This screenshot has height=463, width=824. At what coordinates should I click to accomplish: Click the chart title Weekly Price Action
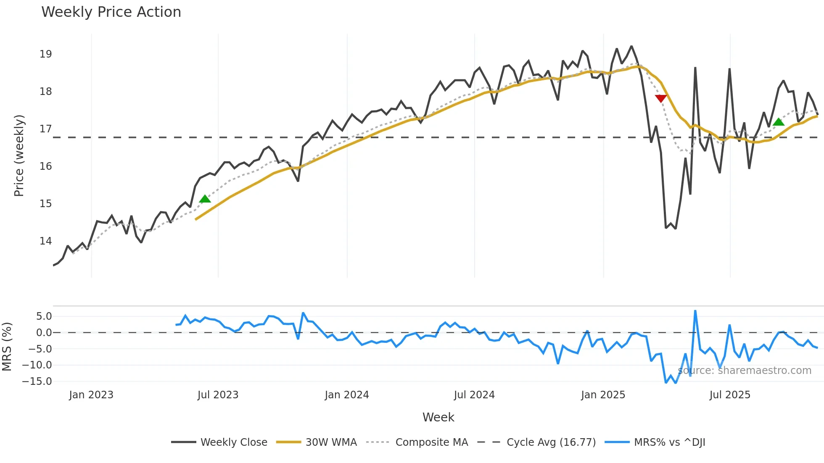pos(111,12)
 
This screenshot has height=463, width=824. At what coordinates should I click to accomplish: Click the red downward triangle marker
pos(661,98)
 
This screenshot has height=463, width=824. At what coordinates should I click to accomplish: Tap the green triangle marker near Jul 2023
pos(205,199)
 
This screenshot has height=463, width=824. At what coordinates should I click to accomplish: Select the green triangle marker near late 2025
pos(779,122)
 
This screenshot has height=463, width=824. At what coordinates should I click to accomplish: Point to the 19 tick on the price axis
pos(45,54)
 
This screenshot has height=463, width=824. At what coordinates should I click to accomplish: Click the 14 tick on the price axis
pos(45,241)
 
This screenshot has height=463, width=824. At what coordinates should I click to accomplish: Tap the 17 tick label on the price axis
pos(45,129)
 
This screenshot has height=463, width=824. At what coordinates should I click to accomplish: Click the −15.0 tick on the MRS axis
pos(37,381)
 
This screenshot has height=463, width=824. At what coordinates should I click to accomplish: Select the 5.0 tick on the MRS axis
pos(44,316)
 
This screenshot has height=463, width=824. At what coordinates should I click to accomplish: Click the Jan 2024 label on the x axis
pos(347,395)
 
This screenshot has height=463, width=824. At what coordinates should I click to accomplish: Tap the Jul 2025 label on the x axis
pos(730,395)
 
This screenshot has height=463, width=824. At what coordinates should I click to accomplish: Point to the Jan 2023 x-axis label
pos(91,395)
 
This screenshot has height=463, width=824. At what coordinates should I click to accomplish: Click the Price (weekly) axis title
pos(19,155)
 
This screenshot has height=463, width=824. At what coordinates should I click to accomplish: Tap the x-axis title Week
pos(438,417)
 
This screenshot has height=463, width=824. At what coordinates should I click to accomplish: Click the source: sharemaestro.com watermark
pos(745,371)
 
